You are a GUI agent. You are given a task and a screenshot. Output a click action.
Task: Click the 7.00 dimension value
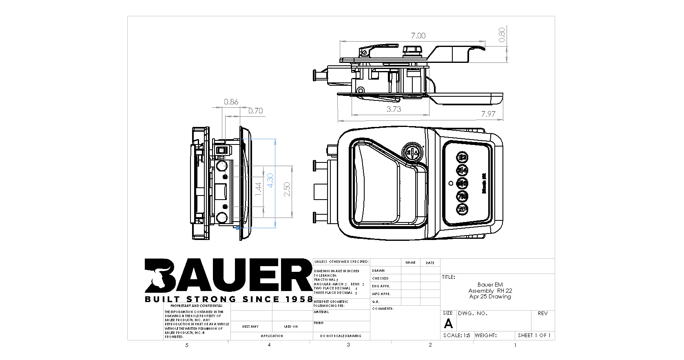pos(418,36)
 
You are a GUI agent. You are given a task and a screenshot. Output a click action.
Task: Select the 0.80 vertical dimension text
pos(502,34)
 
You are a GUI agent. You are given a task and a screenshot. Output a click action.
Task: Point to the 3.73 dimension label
pos(394,109)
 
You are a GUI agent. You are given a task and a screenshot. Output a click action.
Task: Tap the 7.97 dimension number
pos(488,114)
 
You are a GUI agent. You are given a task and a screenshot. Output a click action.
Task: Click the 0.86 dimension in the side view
pos(231,102)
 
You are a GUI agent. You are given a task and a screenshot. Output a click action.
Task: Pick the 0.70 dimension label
pos(255,111)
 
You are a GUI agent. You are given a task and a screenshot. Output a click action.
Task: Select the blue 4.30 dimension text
pos(270,180)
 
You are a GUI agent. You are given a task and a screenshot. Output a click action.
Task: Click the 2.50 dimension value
pos(287,190)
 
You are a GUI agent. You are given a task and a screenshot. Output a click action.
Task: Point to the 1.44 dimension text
pos(258,190)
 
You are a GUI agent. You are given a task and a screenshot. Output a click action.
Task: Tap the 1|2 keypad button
pos(463,158)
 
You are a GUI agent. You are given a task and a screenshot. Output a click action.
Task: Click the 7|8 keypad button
pos(463,196)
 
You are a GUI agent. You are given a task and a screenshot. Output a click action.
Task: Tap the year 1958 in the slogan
pos(298,299)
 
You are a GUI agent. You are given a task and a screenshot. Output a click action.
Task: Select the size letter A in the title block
pos(448,324)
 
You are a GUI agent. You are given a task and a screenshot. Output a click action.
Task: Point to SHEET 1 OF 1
pos(534,336)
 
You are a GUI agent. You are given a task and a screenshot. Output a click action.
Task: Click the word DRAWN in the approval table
pos(378,271)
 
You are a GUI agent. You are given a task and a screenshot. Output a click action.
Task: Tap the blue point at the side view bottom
pos(238,228)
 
